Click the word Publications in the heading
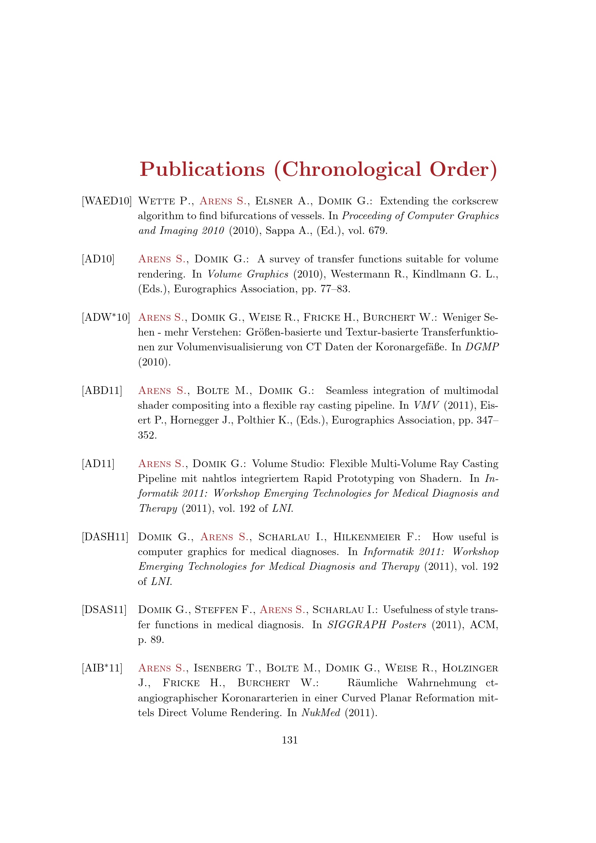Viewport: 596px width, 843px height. click(x=202, y=169)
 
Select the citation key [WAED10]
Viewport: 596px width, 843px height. click(x=106, y=201)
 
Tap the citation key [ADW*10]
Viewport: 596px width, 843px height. click(x=106, y=317)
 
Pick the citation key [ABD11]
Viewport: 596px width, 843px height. click(x=102, y=390)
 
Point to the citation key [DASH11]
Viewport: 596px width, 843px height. click(x=105, y=537)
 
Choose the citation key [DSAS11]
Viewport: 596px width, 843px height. click(x=104, y=609)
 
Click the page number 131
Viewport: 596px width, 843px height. click(x=290, y=740)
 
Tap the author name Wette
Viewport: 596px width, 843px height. click(x=156, y=201)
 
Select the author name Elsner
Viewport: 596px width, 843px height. click(x=274, y=201)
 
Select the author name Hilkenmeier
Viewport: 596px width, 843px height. click(x=366, y=537)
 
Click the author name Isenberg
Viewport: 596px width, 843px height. click(x=217, y=668)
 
